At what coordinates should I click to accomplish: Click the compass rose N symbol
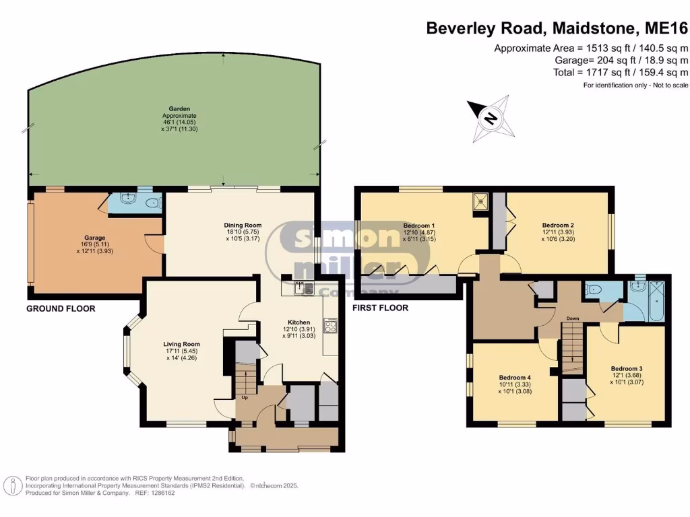pyautogui.click(x=491, y=118)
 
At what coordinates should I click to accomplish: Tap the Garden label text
pyautogui.click(x=179, y=108)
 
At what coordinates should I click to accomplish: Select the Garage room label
pyautogui.click(x=94, y=238)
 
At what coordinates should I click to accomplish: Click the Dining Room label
pyautogui.click(x=243, y=225)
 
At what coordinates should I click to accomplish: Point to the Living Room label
pyautogui.click(x=182, y=344)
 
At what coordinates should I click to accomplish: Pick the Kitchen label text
pyautogui.click(x=299, y=322)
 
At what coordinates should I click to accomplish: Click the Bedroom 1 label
pyautogui.click(x=419, y=226)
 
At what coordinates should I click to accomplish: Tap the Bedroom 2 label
pyautogui.click(x=558, y=226)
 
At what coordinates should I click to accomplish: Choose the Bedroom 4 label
pyautogui.click(x=515, y=377)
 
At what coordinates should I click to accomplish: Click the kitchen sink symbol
pyautogui.click(x=304, y=288)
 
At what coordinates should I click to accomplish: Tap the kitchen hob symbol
pyautogui.click(x=330, y=326)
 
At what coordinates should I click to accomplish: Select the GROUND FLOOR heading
pyautogui.click(x=61, y=308)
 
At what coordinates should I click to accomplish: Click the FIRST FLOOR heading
pyautogui.click(x=380, y=308)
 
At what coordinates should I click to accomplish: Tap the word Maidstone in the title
pyautogui.click(x=594, y=28)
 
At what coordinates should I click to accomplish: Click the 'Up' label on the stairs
pyautogui.click(x=245, y=397)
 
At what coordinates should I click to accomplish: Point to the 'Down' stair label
pyautogui.click(x=573, y=318)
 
